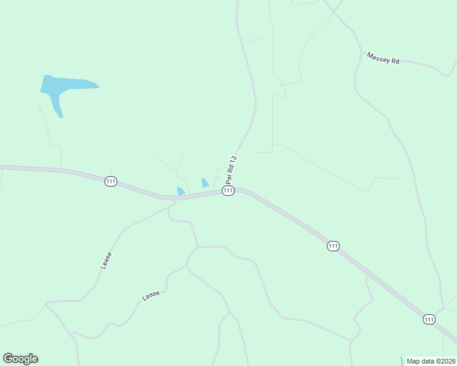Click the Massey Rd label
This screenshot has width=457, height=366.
coord(383,58)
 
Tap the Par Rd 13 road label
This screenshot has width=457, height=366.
coord(230,170)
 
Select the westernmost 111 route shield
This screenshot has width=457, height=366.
coord(111,182)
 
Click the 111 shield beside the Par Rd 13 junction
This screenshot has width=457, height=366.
coord(228,191)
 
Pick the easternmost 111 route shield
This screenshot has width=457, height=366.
coord(429,319)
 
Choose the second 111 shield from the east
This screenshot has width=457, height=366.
coord(332,246)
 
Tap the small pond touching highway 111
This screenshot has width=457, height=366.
coord(180,192)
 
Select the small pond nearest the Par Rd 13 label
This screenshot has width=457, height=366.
coord(205,182)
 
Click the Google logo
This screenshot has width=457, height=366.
coord(20,359)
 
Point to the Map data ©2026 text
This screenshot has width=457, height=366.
coord(430,361)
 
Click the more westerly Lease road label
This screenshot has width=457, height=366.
coord(106,260)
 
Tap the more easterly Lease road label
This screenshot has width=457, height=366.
coord(151,295)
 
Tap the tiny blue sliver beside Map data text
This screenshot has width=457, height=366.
coord(401,361)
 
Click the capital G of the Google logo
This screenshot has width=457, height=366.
coord(8,359)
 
